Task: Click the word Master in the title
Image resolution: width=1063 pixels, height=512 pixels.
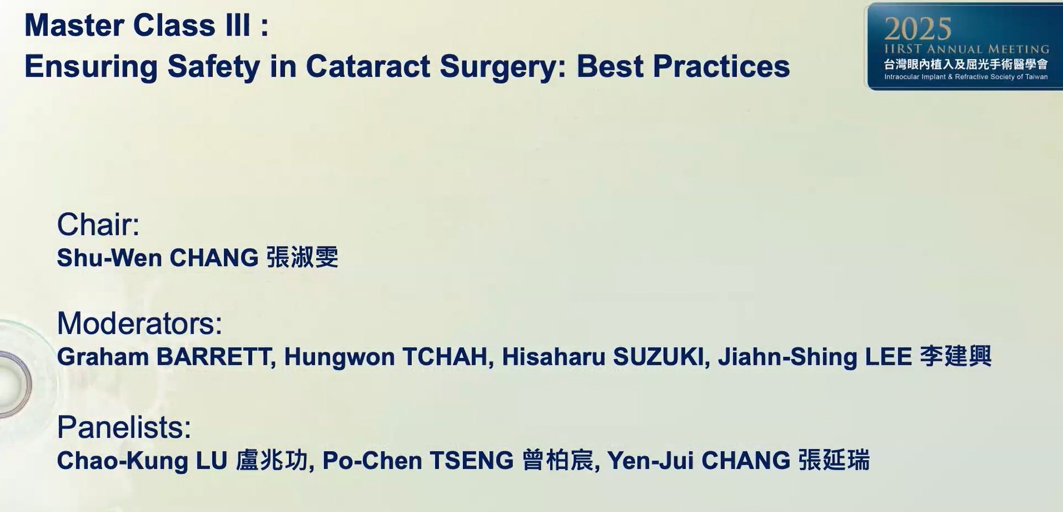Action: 74,26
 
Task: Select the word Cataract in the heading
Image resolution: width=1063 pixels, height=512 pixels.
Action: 368,66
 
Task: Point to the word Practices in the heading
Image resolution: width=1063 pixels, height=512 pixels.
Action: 721,66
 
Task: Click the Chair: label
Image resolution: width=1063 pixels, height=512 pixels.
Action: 98,224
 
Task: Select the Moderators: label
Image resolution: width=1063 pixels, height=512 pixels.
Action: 140,323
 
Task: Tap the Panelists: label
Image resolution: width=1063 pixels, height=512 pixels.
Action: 124,427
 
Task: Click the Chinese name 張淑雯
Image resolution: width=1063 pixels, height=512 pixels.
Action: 302,257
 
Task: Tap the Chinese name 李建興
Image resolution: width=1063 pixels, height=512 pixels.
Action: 956,356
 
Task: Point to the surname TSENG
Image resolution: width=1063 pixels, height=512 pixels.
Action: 472,461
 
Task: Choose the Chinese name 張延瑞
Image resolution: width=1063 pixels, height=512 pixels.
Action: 834,460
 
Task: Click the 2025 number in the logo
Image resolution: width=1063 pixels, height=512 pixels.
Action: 918,29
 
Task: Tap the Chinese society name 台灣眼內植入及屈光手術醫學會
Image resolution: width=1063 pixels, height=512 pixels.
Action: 966,65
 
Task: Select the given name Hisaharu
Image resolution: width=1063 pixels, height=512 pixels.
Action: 554,357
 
